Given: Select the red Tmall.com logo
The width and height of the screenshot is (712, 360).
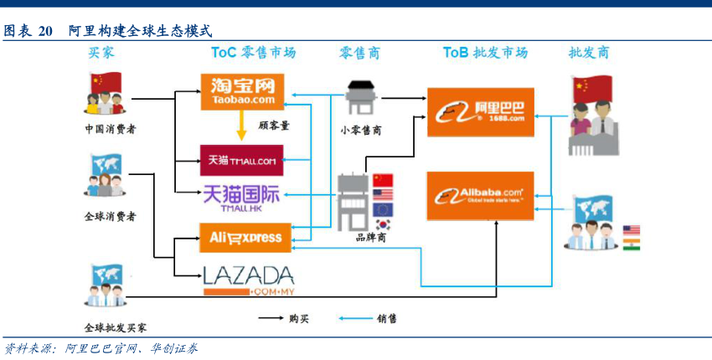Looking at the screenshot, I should tap(241, 158).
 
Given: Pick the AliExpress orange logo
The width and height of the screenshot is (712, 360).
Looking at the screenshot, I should tap(241, 237).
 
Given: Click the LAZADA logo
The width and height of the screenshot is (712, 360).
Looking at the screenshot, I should tap(249, 280).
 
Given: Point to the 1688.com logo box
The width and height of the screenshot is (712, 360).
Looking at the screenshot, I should tap(480, 111).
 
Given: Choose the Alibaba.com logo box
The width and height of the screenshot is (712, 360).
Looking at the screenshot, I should tap(480, 196).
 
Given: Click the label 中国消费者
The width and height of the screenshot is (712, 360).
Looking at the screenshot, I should tap(110, 130).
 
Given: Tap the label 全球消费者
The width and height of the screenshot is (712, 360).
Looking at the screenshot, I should tap(110, 216).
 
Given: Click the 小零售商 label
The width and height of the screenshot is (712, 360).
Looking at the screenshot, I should tap(361, 130).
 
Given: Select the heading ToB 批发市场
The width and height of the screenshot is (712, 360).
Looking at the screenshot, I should tap(485, 53).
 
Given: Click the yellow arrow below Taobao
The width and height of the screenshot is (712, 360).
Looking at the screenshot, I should tap(240, 126).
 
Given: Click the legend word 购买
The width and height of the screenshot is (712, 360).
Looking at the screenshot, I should tap(298, 318).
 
